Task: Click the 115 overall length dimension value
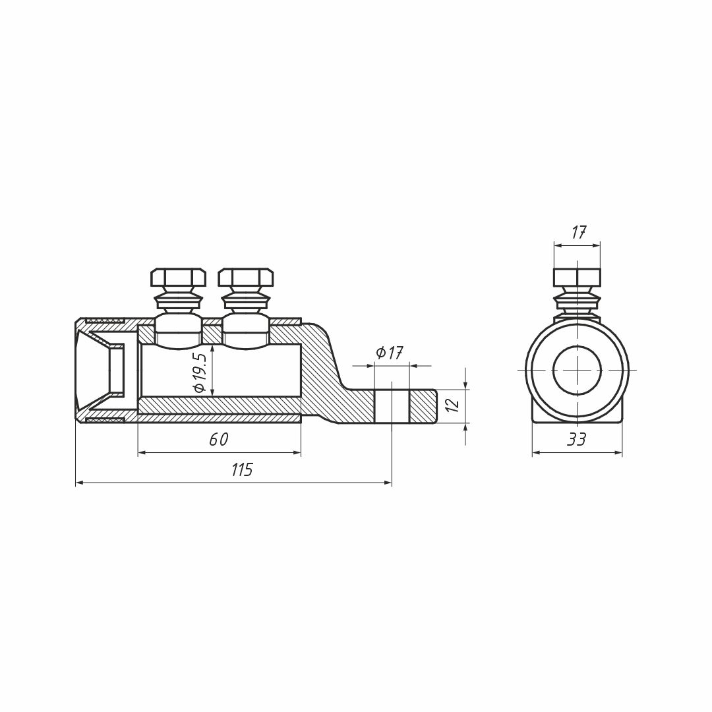(241, 469)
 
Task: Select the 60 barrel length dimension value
(219, 439)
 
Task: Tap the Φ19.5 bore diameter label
(200, 372)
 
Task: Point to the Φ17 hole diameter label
(390, 352)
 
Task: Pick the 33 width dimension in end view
(577, 439)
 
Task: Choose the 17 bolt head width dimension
(578, 233)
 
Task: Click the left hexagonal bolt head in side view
(178, 278)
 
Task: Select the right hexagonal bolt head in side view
(246, 278)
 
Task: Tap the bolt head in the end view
(577, 278)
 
